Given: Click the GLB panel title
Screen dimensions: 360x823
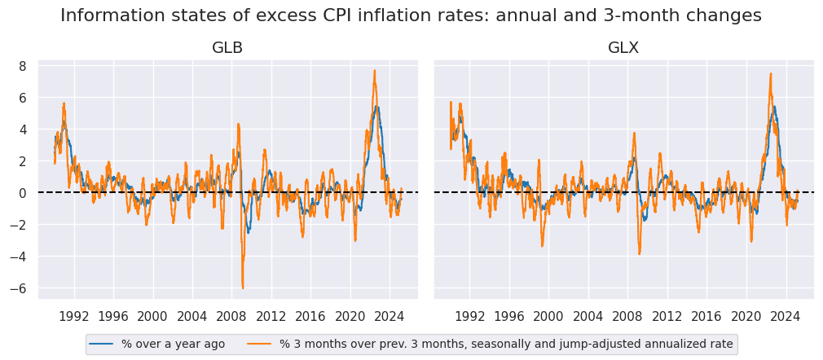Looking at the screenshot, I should pyautogui.click(x=227, y=48).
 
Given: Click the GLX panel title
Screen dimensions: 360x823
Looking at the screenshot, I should pyautogui.click(x=623, y=48).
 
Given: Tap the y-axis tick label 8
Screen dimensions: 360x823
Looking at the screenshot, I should pyautogui.click(x=23, y=66).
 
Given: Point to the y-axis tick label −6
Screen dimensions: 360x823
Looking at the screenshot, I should pyautogui.click(x=20, y=288).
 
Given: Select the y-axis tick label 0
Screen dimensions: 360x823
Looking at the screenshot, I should pyautogui.click(x=23, y=193).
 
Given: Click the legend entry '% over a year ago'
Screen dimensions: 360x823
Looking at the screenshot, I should pyautogui.click(x=173, y=345).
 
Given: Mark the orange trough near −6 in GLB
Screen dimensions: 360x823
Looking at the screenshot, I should pyautogui.click(x=243, y=288).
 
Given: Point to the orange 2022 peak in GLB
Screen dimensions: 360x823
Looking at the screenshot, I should pyautogui.click(x=374, y=70).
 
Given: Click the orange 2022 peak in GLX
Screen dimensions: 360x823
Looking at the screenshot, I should pyautogui.click(x=770, y=73).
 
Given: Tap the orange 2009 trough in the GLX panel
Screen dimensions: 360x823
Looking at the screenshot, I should pyautogui.click(x=639, y=254).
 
